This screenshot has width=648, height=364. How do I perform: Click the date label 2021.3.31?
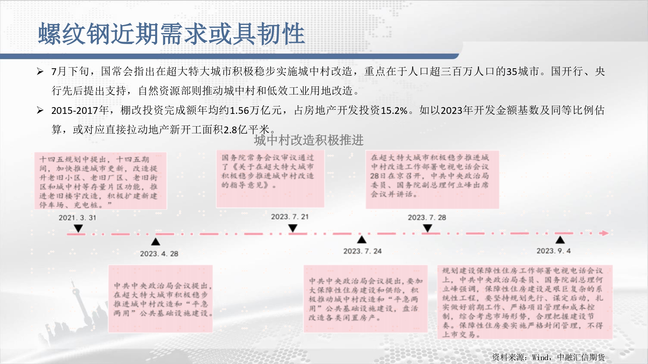(x=77, y=218)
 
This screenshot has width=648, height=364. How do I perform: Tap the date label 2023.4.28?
(x=159, y=254)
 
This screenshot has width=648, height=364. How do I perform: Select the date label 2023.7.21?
(x=290, y=217)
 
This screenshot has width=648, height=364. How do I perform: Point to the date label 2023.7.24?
(x=363, y=251)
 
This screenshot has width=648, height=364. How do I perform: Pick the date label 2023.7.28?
(x=427, y=217)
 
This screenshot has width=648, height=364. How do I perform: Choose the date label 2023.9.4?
(x=554, y=251)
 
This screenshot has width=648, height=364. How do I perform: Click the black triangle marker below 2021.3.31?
(x=78, y=229)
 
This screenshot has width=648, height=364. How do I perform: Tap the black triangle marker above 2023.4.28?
(x=156, y=241)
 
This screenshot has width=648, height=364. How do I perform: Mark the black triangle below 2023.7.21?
(x=293, y=228)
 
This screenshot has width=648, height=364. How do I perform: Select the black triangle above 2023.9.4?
(x=560, y=239)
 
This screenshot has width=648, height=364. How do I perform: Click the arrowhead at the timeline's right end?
(x=605, y=233)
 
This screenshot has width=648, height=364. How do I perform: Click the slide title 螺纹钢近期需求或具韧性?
(x=172, y=34)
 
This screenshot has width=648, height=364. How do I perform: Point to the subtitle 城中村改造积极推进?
(x=309, y=140)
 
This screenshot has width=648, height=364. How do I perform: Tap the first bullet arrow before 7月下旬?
(x=40, y=71)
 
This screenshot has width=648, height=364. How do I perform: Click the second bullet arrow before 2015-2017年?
(x=40, y=110)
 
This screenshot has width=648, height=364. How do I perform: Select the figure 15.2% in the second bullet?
(x=394, y=111)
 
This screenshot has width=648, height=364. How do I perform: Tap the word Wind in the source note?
(x=540, y=357)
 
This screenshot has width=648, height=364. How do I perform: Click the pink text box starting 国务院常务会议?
(x=270, y=179)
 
